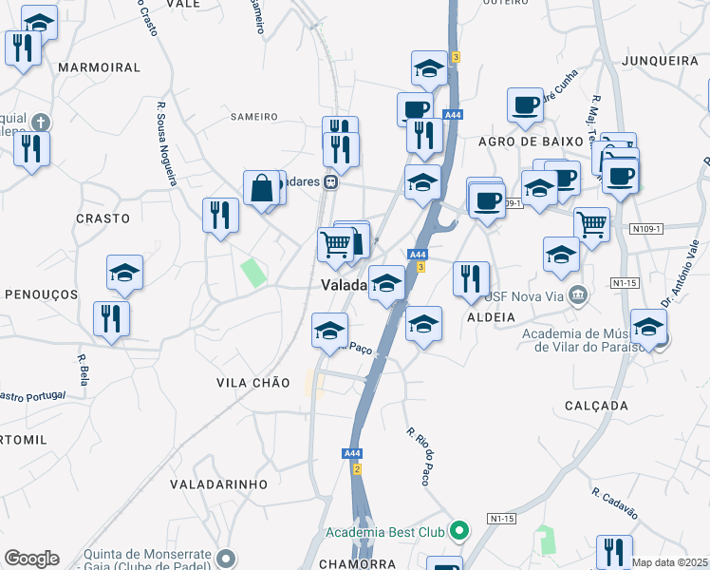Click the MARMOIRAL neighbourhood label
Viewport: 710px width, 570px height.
[x=99, y=67]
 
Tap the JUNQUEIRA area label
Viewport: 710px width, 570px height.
[x=661, y=60]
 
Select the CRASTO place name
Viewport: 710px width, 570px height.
[x=103, y=218]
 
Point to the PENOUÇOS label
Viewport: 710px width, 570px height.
[x=41, y=294]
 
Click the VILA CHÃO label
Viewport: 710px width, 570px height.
[x=252, y=382]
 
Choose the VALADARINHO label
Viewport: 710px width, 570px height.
[x=218, y=484]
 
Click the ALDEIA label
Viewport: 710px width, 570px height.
[x=491, y=317]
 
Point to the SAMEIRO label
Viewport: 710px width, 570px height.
[x=254, y=117]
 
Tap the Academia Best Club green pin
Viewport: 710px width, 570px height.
[x=459, y=530]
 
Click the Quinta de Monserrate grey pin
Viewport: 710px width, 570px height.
[x=226, y=557]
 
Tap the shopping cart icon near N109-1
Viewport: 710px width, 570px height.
[x=591, y=224]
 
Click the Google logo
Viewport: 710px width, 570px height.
[x=31, y=558]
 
